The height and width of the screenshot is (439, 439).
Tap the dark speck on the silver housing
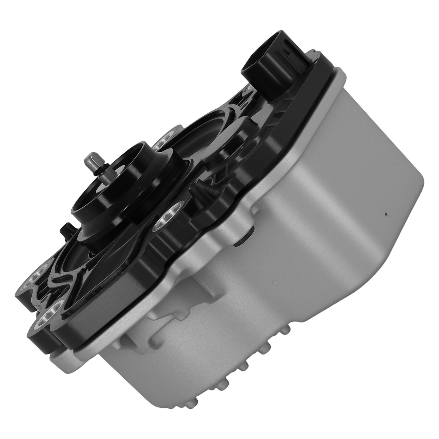[x=386, y=214]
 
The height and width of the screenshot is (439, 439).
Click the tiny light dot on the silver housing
[x=274, y=282]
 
